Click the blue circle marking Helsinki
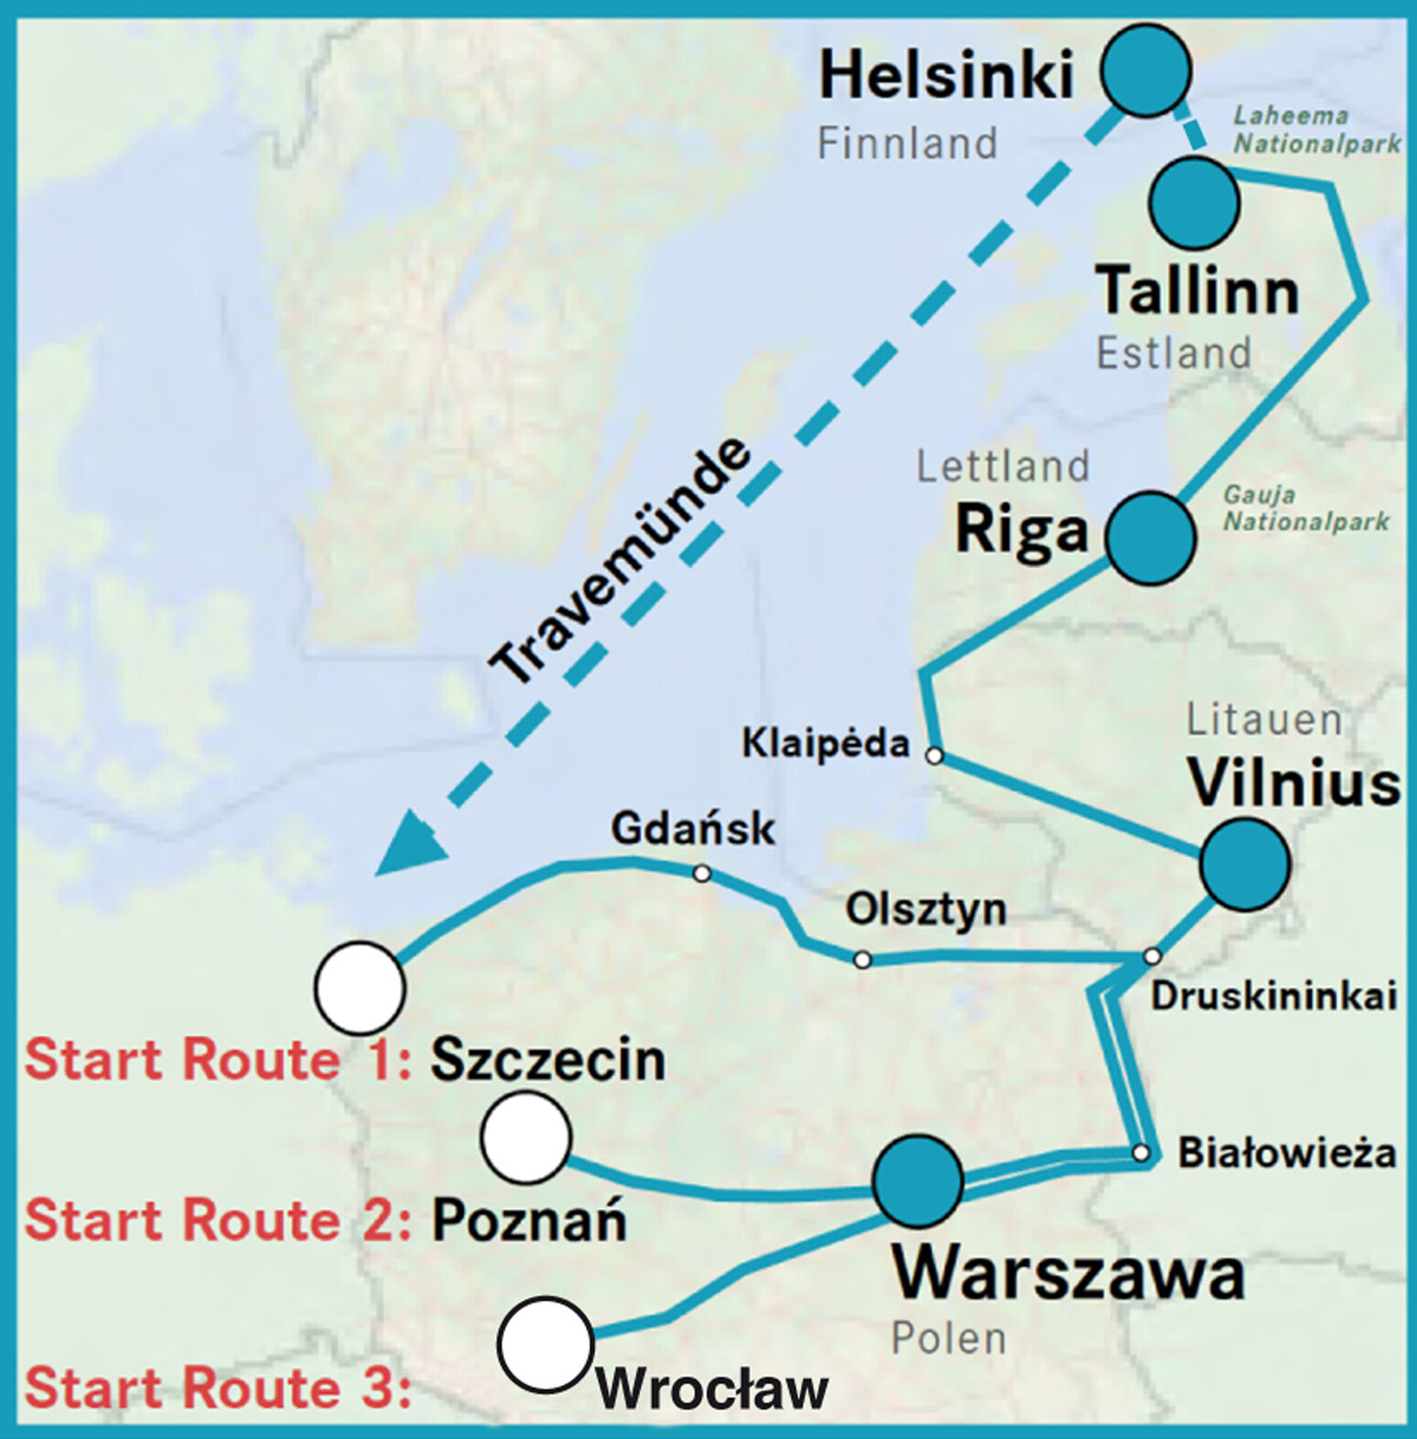[x=1145, y=70]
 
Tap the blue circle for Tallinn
[x=1194, y=204]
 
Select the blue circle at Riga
[x=1150, y=538]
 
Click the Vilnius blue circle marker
[x=1244, y=864]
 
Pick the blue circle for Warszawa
[x=917, y=1181]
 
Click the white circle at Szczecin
[x=359, y=989]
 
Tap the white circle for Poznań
[x=526, y=1137]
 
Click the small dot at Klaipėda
[x=933, y=757]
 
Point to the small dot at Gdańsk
[x=701, y=873]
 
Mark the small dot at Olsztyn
[x=862, y=959]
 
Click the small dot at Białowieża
[x=1140, y=1153]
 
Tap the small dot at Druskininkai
[x=1152, y=956]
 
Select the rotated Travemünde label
[x=620, y=561]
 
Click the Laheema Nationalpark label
[x=1316, y=130]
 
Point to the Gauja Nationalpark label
[x=1305, y=509]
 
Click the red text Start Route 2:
[x=218, y=1221]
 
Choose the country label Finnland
[x=906, y=143]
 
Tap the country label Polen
[x=948, y=1338]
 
